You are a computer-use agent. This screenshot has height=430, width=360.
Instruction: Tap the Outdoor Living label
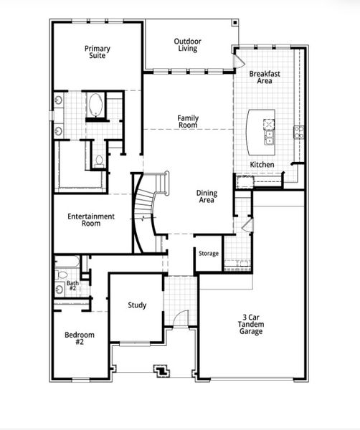[x=188, y=45]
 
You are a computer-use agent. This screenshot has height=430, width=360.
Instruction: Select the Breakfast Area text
[x=264, y=77]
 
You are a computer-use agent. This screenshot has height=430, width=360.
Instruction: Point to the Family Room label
[x=188, y=122]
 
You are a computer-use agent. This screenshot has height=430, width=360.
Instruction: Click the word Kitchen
[x=262, y=166]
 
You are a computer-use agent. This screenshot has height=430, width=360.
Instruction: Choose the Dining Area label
[x=207, y=196]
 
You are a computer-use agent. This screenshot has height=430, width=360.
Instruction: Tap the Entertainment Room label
[x=91, y=220]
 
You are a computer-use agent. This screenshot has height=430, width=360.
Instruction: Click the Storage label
[x=209, y=254]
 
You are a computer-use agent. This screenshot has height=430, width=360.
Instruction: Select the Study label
[x=137, y=305]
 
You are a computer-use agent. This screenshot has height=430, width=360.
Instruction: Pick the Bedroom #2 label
[x=75, y=339]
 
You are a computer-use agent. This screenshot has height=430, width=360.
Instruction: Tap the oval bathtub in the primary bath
[x=95, y=106]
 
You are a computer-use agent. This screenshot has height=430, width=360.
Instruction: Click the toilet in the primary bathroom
[x=98, y=160]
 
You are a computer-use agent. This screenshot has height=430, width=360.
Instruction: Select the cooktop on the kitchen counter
[x=298, y=131]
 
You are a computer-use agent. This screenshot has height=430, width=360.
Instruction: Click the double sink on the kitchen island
[x=270, y=131]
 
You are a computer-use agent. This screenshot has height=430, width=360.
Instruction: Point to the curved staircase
[x=146, y=211]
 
